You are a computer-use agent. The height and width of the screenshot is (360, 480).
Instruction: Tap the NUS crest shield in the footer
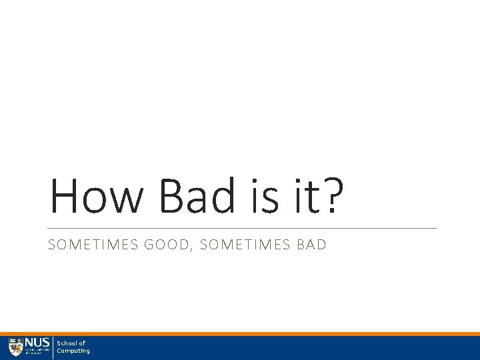click(15, 347)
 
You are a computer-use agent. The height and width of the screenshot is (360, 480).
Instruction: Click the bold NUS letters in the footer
click(37, 343)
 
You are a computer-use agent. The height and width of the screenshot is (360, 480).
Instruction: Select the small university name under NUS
click(37, 352)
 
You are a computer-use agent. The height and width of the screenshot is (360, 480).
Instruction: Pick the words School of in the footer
click(71, 343)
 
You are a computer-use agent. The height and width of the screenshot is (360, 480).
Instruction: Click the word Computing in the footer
click(73, 351)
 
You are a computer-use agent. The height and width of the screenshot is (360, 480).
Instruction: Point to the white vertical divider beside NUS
click(53, 348)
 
